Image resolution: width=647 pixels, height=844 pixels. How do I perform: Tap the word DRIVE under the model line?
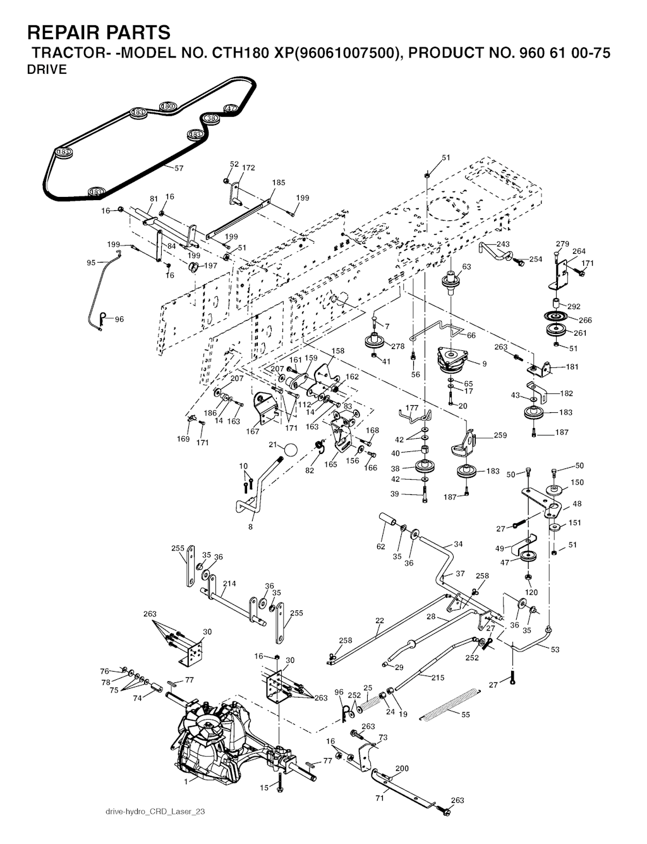(x=47, y=70)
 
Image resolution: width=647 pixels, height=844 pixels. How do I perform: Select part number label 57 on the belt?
(x=179, y=169)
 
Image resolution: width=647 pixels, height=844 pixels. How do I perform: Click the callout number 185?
(x=279, y=183)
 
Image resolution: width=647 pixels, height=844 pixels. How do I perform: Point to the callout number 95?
(x=91, y=263)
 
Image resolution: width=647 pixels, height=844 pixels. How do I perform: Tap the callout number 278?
(x=397, y=347)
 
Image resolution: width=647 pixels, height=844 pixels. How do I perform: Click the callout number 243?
(x=503, y=244)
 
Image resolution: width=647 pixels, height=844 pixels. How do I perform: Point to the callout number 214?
(x=229, y=584)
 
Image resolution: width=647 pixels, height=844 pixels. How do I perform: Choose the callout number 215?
(x=437, y=678)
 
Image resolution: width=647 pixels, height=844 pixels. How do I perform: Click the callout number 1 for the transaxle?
(x=186, y=782)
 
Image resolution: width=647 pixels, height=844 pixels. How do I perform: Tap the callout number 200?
(x=402, y=768)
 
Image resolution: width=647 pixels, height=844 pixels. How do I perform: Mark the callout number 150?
(x=577, y=482)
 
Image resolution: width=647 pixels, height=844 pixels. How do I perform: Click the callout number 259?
(x=500, y=435)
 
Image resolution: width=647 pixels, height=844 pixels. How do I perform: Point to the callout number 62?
(x=381, y=547)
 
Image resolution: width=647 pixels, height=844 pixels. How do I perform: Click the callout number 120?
(x=532, y=593)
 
